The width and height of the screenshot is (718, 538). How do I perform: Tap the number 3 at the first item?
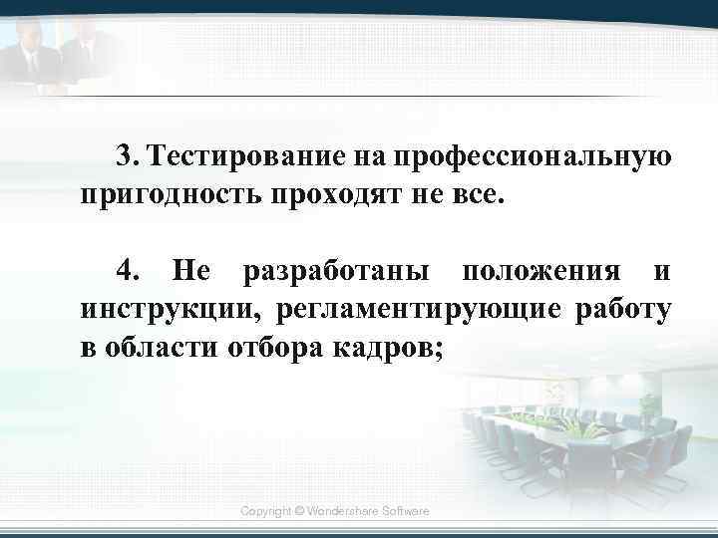[x=124, y=156]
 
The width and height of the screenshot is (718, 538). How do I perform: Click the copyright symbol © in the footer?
[x=301, y=510]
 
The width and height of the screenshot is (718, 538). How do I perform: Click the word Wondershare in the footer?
[x=343, y=510]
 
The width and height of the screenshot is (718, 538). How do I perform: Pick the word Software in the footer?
[x=405, y=510]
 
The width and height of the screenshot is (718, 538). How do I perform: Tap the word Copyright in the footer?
[x=267, y=510]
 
